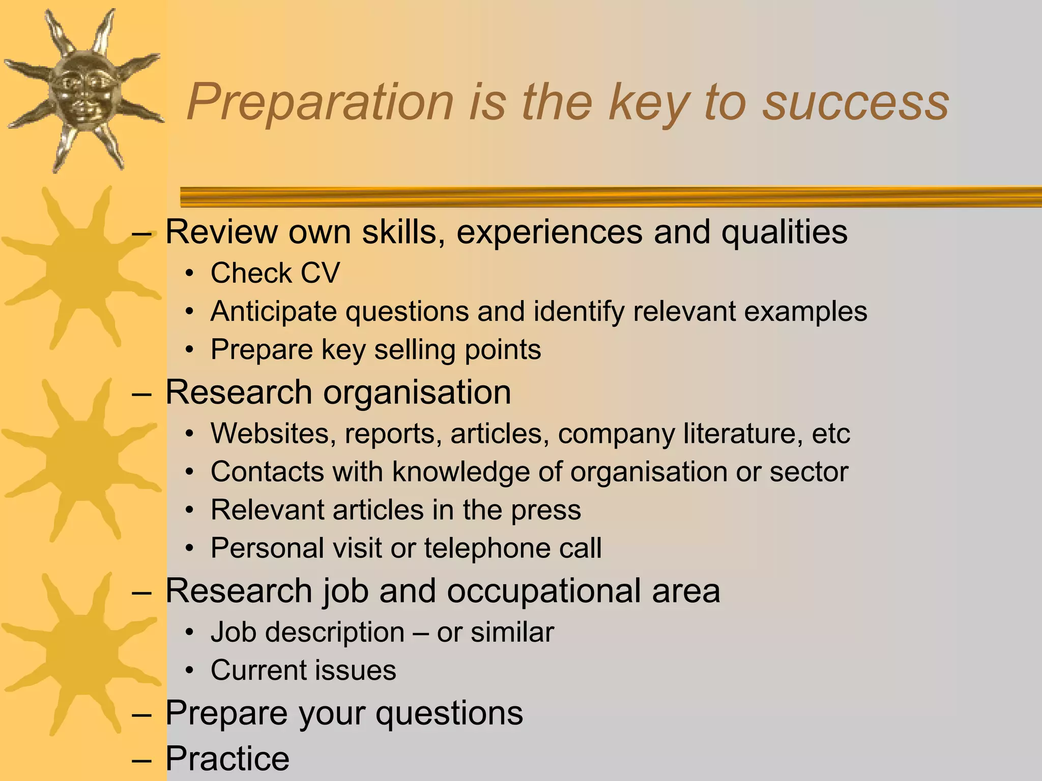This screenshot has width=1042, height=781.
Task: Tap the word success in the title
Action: (855, 103)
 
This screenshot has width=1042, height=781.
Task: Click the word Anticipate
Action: (274, 311)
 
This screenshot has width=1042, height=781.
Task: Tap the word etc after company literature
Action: (831, 434)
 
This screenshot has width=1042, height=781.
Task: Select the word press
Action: (546, 510)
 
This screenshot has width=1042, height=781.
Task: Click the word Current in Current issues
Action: (253, 670)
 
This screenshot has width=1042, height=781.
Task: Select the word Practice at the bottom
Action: (227, 759)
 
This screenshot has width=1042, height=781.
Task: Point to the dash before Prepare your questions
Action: (141, 714)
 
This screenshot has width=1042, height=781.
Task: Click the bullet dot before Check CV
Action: (190, 274)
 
